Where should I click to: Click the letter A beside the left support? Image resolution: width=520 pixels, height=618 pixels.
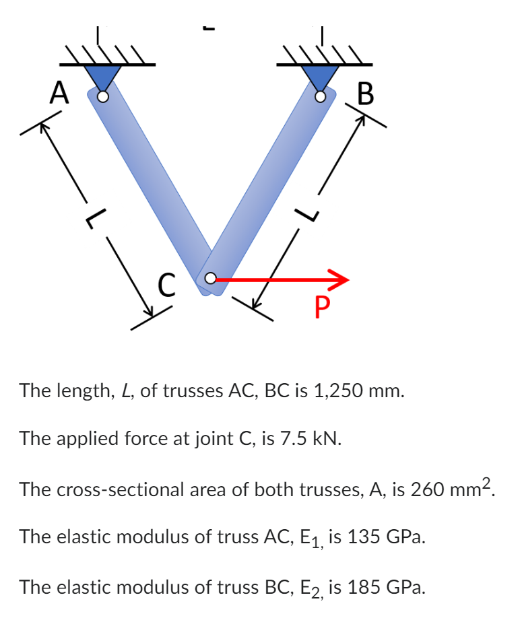pos(59,92)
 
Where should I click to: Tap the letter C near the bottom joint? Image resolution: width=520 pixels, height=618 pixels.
pos(167,284)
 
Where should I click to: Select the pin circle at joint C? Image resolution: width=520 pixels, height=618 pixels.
pos(210,277)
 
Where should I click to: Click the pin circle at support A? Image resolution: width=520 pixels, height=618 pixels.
pos(102,97)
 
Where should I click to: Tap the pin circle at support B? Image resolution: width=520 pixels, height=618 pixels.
pos(321,97)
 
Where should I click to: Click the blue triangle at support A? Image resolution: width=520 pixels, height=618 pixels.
pos(102,77)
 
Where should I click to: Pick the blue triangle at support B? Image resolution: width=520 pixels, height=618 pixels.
pos(321,77)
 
